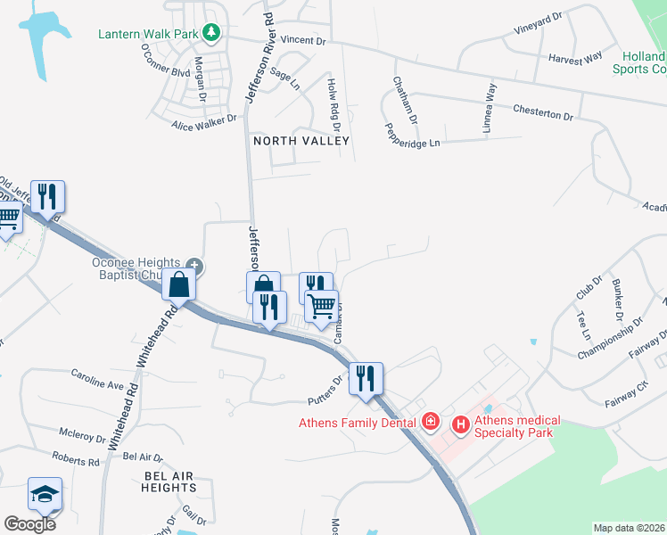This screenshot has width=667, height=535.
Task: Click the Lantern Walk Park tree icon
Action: click(x=211, y=34)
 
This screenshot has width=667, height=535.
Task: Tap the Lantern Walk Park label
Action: click(x=149, y=35)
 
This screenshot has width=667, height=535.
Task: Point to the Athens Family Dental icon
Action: click(x=430, y=420)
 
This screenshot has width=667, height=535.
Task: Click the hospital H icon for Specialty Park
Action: click(x=461, y=425)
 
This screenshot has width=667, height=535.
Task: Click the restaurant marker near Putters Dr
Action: click(x=366, y=377)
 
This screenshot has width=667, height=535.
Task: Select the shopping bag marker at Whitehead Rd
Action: click(x=179, y=285)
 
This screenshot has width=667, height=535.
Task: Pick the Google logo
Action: click(x=29, y=523)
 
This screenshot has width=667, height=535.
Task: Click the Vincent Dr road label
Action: click(x=304, y=41)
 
